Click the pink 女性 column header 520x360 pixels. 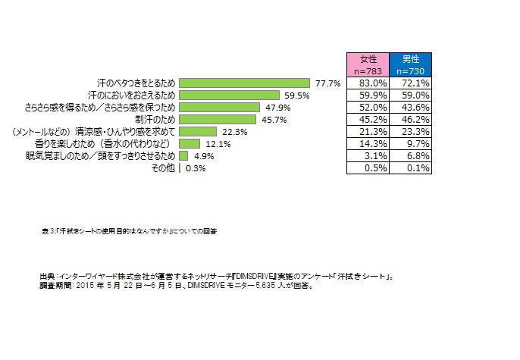point(368,64)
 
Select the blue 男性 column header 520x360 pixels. point(411,64)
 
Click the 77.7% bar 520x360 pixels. point(245,82)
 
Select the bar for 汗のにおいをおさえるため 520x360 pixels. point(230,95)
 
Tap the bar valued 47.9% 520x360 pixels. point(220,107)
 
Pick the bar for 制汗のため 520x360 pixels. point(218,119)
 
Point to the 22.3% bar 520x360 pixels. point(198,131)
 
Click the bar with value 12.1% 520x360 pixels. point(190,143)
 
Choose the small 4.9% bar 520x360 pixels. point(183,155)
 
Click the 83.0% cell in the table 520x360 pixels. point(368,82)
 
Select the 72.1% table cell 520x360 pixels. point(411,82)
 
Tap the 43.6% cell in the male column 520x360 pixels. point(411,107)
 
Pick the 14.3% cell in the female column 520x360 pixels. point(368,143)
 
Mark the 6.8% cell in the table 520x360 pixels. point(411,155)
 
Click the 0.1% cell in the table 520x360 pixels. point(411,168)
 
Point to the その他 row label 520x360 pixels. point(164,168)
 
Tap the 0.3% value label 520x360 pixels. point(196,168)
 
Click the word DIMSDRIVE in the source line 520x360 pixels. point(250,277)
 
